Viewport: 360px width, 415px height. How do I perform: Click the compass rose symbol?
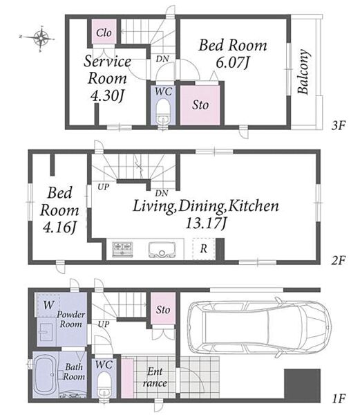click(x=41, y=38)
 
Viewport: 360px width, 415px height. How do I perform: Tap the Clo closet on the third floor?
click(x=104, y=32)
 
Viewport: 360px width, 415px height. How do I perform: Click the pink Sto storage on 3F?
click(x=200, y=105)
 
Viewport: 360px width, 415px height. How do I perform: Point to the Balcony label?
click(x=303, y=72)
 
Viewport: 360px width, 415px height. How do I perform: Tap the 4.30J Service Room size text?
click(x=107, y=95)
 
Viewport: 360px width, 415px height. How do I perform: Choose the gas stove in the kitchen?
click(x=122, y=249)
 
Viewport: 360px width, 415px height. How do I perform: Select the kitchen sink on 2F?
click(x=162, y=249)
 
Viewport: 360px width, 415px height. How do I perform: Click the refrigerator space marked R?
click(x=204, y=249)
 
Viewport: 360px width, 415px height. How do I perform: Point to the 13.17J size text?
click(x=206, y=223)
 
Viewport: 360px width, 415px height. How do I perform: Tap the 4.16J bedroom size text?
click(x=59, y=227)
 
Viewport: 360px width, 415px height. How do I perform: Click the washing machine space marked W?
click(x=48, y=304)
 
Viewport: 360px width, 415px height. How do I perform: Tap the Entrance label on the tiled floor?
click(x=155, y=377)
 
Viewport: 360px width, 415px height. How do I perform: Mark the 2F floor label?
click(x=339, y=261)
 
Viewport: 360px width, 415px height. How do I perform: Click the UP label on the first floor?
click(x=104, y=324)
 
